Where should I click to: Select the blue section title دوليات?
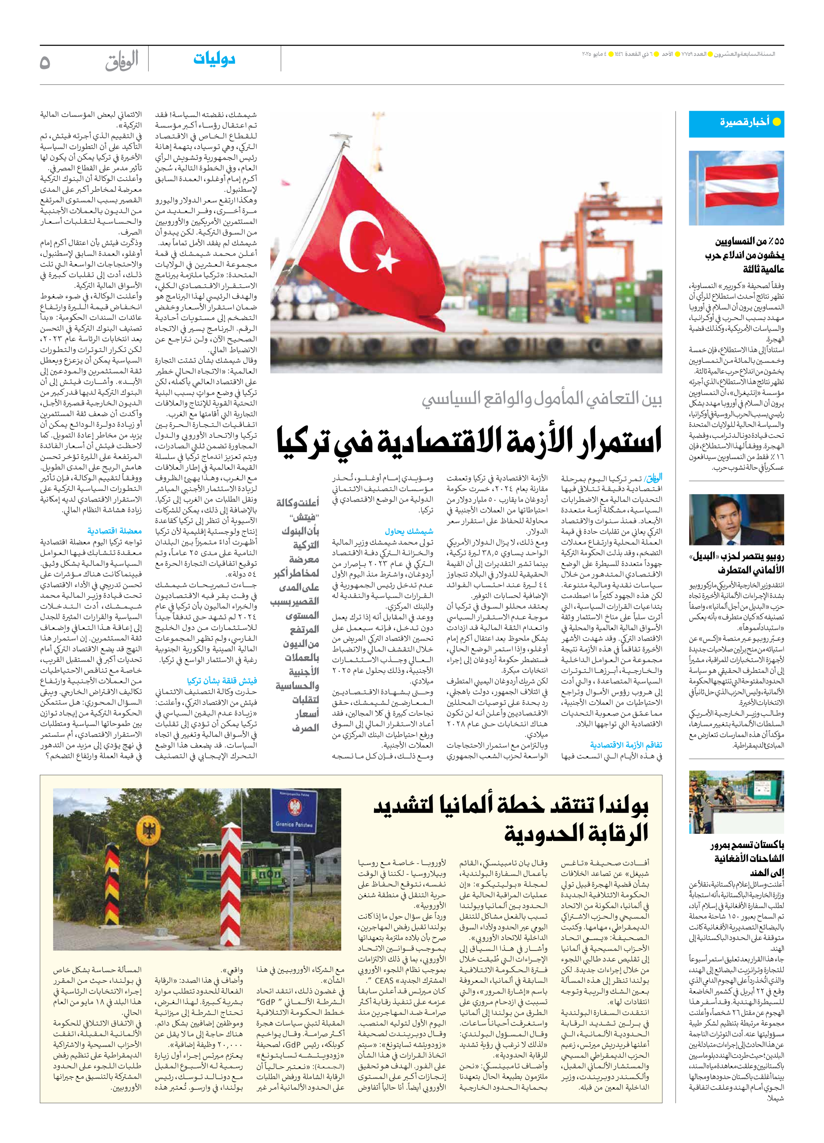pos(214,59)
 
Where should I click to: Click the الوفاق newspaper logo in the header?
pos(122,60)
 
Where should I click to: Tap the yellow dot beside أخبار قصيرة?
pos(777,122)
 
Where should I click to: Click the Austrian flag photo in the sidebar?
pos(736,188)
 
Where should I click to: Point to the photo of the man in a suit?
pos(736,520)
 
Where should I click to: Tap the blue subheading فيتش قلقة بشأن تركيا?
pos(222,681)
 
